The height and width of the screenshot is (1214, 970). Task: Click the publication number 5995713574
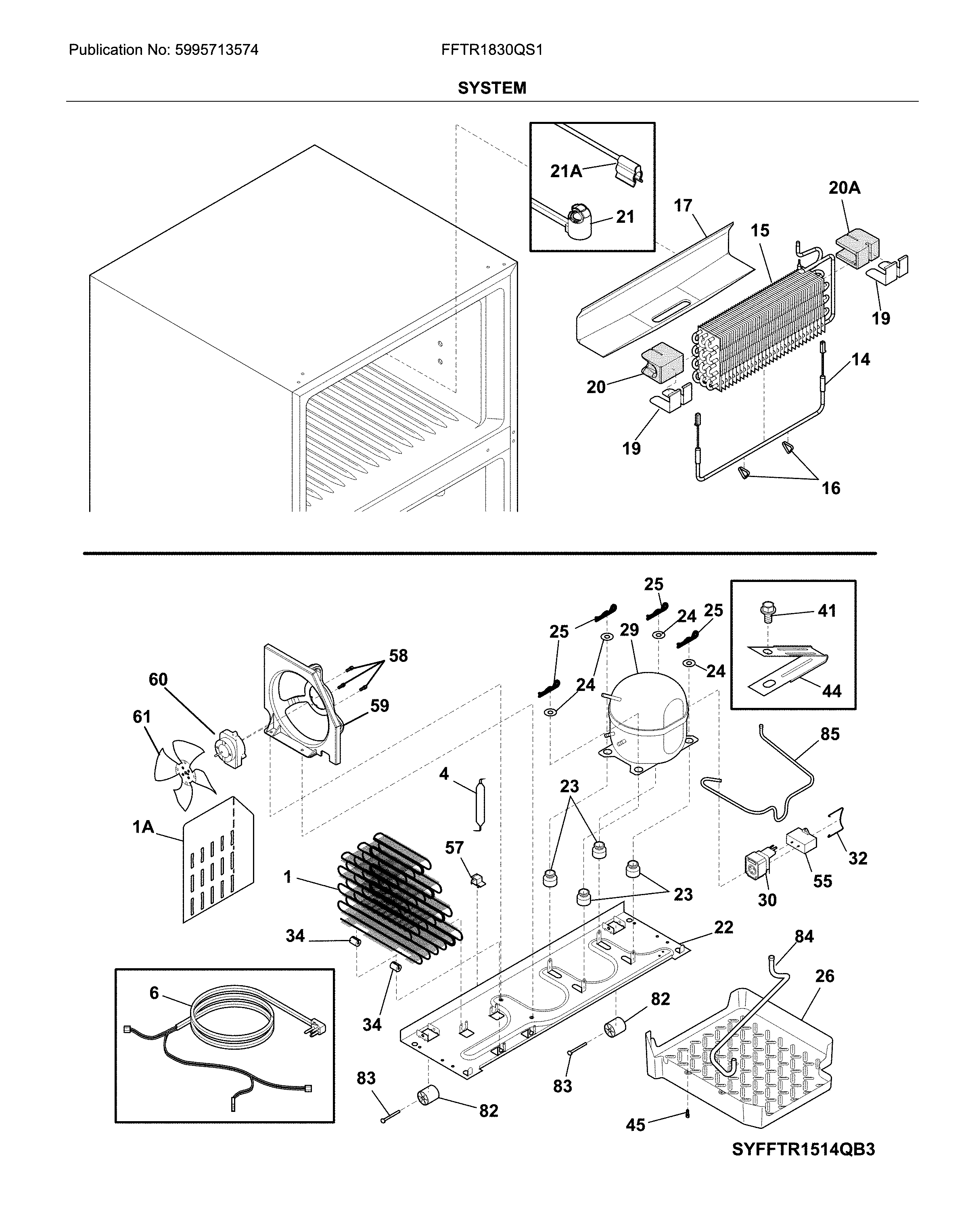click(216, 50)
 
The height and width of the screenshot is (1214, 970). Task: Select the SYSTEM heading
click(491, 88)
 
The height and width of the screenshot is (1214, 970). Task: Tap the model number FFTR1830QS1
click(491, 50)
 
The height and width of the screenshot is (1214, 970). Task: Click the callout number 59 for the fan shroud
click(379, 705)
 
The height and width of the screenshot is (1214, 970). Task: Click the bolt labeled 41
click(767, 610)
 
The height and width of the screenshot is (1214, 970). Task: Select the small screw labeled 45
click(688, 1114)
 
